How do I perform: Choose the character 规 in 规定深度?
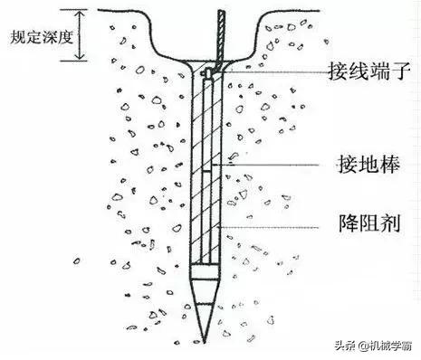(13, 39)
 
